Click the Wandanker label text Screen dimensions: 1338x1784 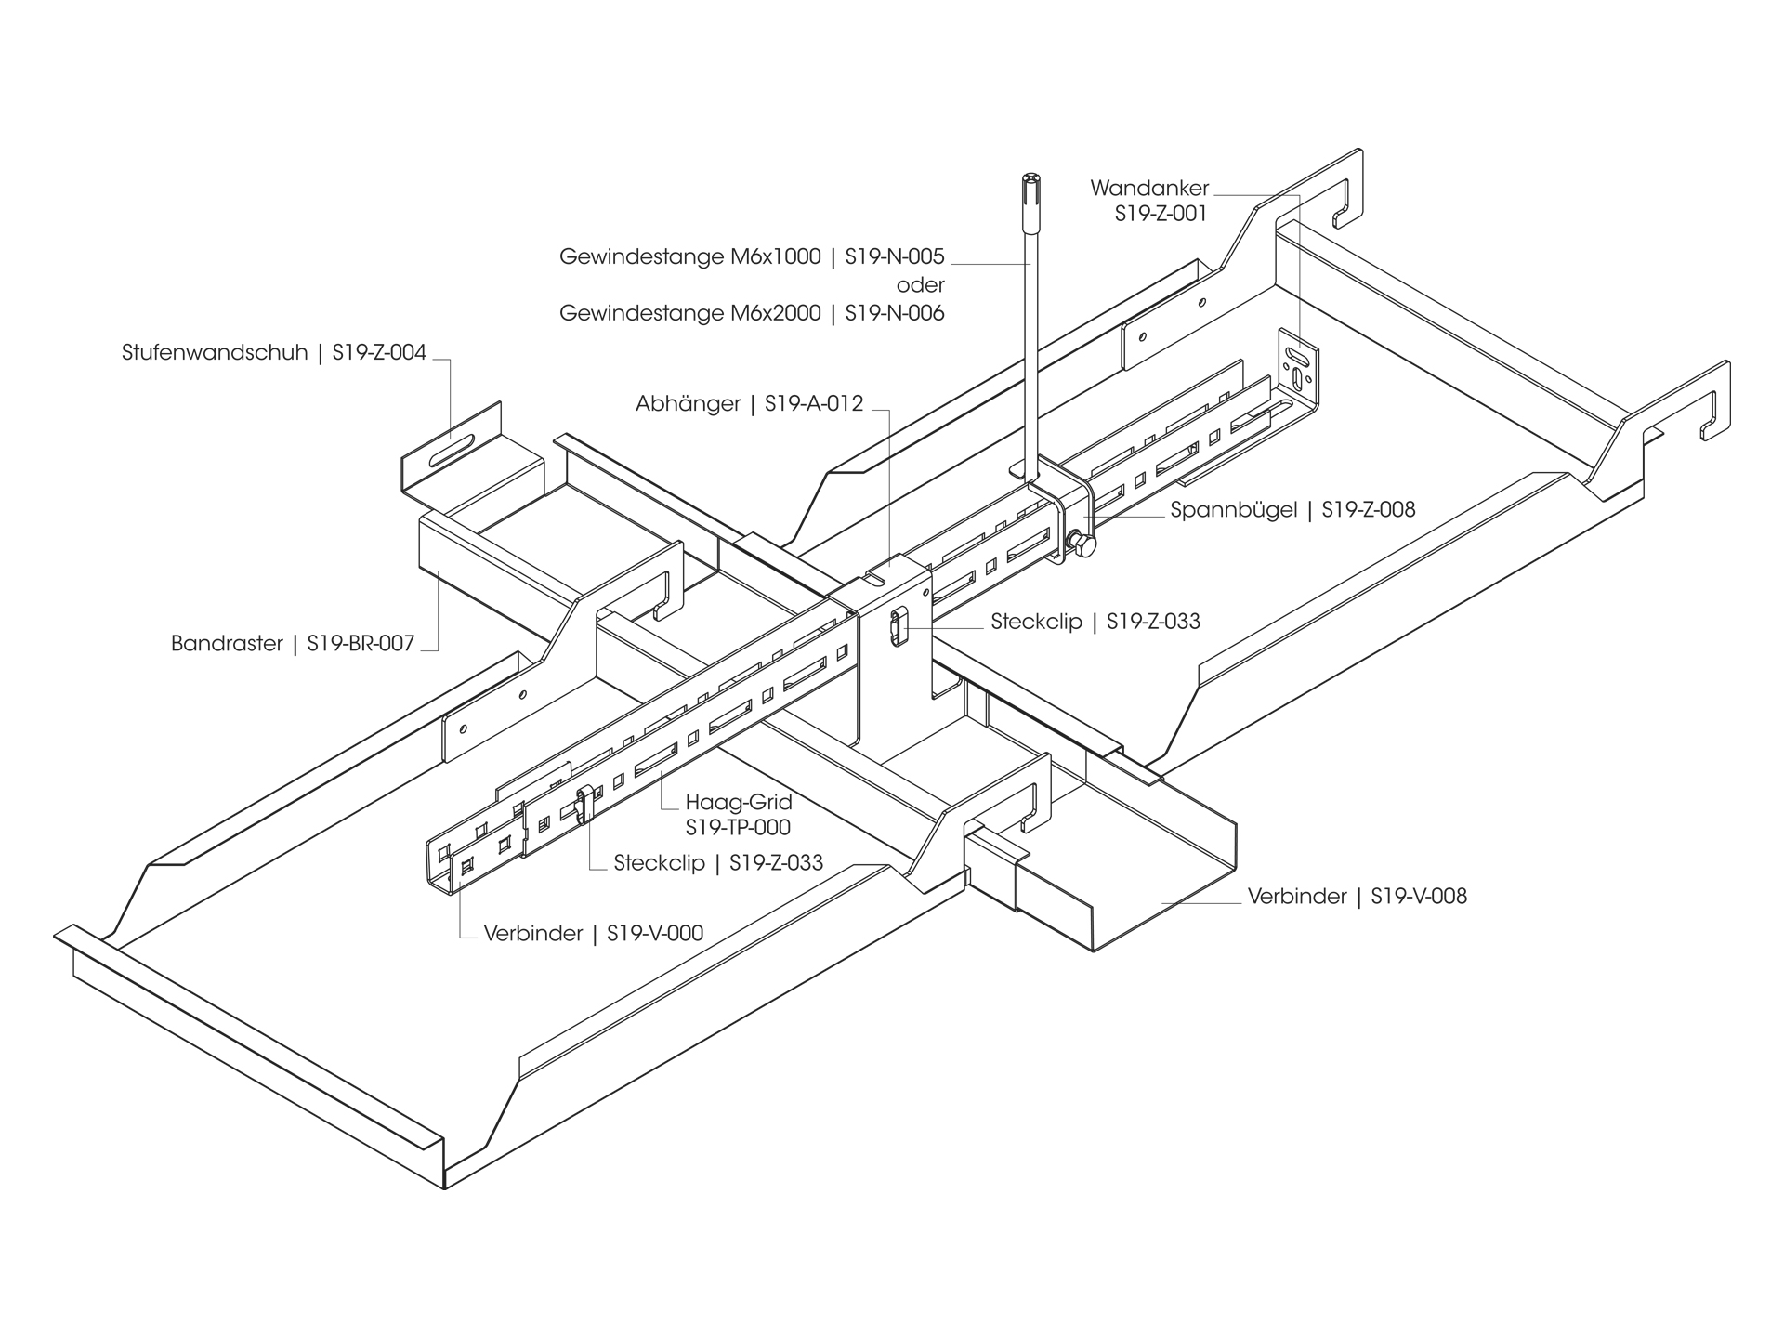click(x=1149, y=189)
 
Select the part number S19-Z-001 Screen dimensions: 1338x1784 click(x=1161, y=214)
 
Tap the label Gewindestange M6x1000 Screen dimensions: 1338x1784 click(x=689, y=256)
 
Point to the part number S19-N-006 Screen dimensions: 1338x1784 click(x=894, y=313)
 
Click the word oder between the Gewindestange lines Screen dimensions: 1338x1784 click(x=920, y=285)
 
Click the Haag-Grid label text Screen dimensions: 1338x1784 click(x=738, y=802)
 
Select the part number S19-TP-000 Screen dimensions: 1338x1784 click(x=738, y=827)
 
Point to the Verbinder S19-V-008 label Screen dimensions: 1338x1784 click(x=1357, y=897)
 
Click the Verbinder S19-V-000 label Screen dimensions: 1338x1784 click(x=593, y=933)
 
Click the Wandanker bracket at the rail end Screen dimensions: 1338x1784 click(x=1298, y=367)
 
